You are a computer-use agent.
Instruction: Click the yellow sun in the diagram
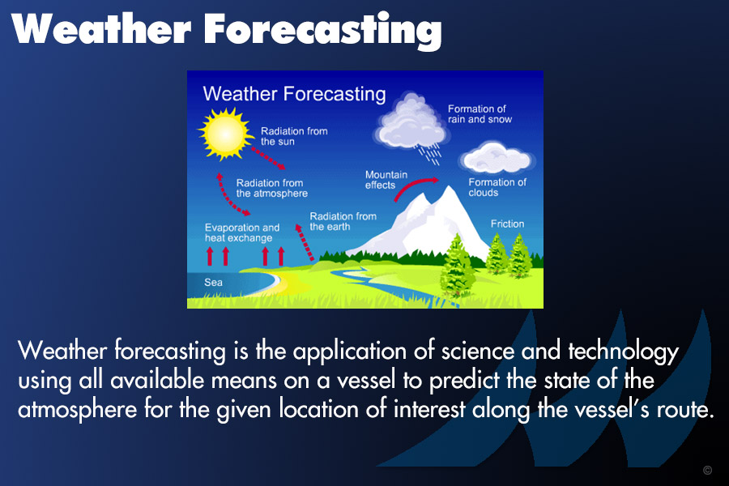[225, 134]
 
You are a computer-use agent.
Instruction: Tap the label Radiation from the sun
[294, 136]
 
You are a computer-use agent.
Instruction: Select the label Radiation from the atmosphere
[272, 188]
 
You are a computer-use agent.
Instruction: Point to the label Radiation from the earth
[343, 221]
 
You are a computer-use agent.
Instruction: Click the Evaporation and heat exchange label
[242, 232]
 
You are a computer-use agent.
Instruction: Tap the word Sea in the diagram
[213, 283]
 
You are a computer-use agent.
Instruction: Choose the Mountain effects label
[386, 180]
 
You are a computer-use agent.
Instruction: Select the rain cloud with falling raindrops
[411, 126]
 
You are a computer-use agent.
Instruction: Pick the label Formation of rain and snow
[480, 114]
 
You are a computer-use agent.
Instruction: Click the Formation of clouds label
[497, 187]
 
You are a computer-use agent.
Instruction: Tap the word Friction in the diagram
[507, 224]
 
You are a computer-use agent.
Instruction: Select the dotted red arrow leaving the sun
[268, 159]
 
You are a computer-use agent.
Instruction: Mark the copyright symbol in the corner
[707, 470]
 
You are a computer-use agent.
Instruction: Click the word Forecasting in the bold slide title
[322, 30]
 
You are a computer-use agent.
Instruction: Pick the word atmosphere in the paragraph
[77, 410]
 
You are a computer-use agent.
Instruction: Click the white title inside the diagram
[294, 94]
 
